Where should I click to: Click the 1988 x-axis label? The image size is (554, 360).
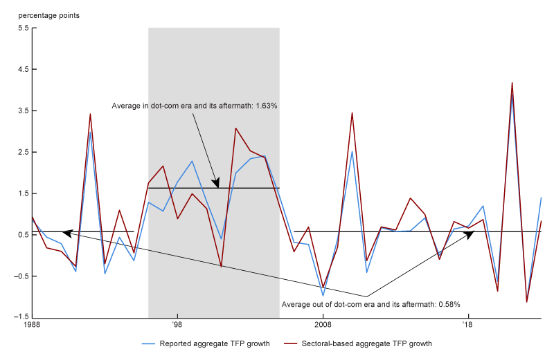click(32, 323)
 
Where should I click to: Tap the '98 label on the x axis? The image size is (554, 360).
click(177, 323)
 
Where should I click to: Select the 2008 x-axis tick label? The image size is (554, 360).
click(323, 323)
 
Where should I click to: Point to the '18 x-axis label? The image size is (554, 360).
click(468, 323)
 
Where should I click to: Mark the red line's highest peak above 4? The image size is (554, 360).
click(512, 83)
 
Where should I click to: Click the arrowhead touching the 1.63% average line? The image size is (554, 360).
click(217, 184)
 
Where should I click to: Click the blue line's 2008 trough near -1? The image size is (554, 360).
click(323, 296)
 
